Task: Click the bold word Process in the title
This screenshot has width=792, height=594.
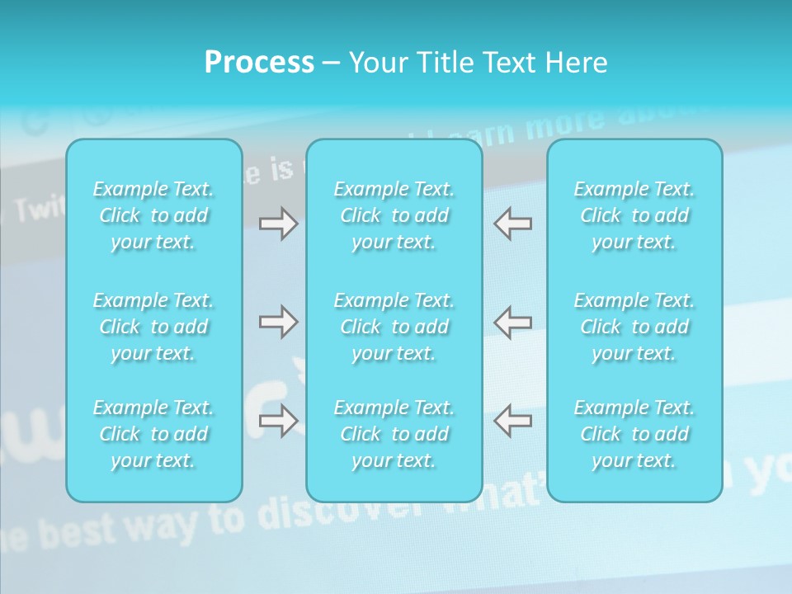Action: [x=259, y=63]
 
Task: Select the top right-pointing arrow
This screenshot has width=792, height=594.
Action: [x=278, y=224]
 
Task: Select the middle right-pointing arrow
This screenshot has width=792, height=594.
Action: [x=278, y=322]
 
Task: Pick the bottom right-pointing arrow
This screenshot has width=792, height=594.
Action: [x=278, y=421]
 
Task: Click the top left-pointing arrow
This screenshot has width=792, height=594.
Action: [x=513, y=224]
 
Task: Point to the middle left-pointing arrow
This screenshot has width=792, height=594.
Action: [x=513, y=322]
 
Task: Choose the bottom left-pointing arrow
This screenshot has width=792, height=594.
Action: [x=513, y=421]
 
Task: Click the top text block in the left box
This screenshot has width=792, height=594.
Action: [x=153, y=215]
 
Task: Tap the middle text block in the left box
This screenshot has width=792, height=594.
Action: [x=153, y=327]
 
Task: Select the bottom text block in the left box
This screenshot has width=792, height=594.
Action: [x=153, y=434]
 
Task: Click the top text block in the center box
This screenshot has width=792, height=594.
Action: [x=394, y=215]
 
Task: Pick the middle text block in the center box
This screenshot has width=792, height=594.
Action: [x=394, y=327]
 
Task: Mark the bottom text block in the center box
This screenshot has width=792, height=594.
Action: [x=394, y=434]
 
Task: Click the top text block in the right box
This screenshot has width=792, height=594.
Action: [x=634, y=215]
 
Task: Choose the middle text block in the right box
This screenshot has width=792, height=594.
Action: [x=634, y=327]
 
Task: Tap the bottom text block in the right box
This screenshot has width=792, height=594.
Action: [x=634, y=434]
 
